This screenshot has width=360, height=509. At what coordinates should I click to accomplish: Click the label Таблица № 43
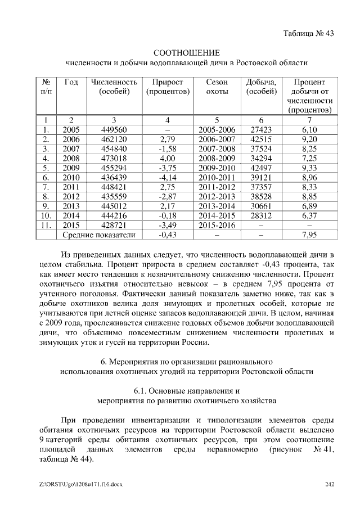point(309,33)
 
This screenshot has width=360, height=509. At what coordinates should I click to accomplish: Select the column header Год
point(71,82)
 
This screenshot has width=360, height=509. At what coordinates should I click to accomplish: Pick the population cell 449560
point(114,130)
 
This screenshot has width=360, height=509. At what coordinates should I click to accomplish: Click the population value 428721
point(114,225)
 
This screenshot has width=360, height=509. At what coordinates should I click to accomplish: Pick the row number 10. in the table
point(47,215)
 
